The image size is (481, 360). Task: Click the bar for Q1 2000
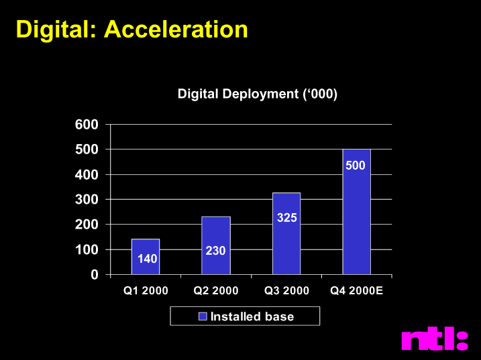point(146,257)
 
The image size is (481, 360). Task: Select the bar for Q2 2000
point(216,245)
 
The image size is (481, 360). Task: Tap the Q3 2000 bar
point(286,233)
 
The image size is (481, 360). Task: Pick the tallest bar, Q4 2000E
point(356,212)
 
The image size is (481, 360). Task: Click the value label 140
point(147,259)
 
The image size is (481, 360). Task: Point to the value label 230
point(215,251)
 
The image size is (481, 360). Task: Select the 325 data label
point(287,218)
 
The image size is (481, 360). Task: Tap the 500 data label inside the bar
point(356,166)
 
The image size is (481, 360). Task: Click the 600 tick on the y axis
point(87,125)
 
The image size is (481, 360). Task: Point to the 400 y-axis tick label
point(87,175)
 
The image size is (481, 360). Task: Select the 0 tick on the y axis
point(95,275)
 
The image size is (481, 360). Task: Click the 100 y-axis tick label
point(87,250)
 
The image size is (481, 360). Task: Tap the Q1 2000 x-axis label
point(146,290)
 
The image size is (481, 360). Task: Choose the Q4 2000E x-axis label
point(356,290)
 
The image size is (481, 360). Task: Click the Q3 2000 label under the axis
point(286,290)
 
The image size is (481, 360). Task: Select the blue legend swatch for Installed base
point(203,316)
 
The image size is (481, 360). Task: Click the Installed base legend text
point(252,316)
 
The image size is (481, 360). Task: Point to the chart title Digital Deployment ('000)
point(258,94)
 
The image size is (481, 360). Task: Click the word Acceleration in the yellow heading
point(176,29)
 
